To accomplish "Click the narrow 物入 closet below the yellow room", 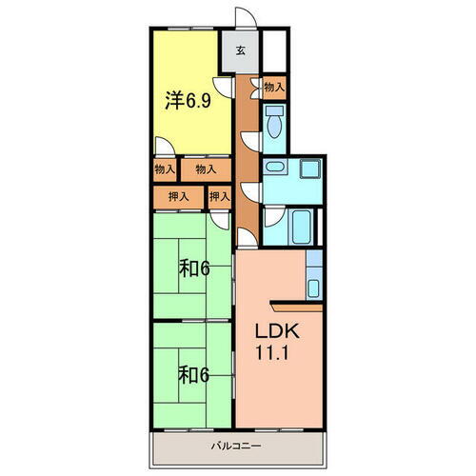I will [164, 169].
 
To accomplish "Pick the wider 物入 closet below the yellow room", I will [207, 169].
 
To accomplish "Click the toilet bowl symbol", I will [274, 122].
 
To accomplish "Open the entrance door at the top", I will [245, 16].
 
